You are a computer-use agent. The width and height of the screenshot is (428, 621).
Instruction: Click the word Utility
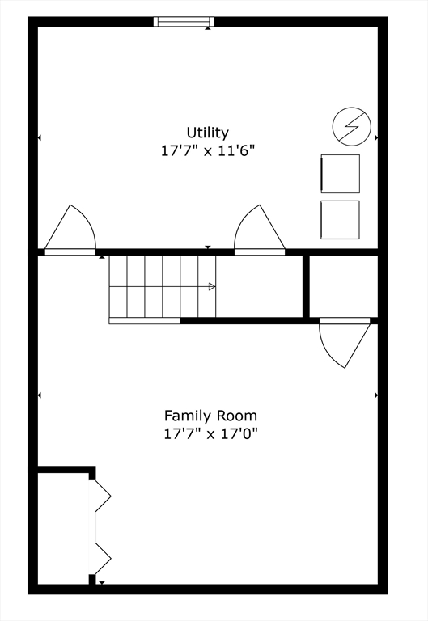click(208, 133)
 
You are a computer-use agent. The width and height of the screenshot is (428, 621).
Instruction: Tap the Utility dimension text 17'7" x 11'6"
click(208, 151)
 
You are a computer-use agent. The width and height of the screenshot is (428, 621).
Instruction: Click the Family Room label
click(210, 416)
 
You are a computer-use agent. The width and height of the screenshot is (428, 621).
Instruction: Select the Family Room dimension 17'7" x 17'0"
click(210, 434)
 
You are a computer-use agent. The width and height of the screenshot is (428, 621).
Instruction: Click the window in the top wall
click(184, 21)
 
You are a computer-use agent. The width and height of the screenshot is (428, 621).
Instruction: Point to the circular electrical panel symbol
click(352, 126)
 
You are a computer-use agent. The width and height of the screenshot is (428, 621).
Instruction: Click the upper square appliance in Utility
click(340, 174)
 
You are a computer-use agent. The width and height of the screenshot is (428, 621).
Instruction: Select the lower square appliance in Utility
click(340, 220)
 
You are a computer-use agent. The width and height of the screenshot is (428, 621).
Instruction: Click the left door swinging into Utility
click(70, 230)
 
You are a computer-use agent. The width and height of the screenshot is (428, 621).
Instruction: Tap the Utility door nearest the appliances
click(260, 230)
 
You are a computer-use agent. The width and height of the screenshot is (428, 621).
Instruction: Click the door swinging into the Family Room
click(345, 343)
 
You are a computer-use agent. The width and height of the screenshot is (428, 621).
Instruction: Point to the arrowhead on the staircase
click(212, 286)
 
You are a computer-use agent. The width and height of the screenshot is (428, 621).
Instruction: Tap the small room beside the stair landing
click(343, 286)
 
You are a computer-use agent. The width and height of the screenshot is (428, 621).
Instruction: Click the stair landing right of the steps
click(259, 286)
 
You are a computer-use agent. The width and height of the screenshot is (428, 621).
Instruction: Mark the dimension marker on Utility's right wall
click(376, 137)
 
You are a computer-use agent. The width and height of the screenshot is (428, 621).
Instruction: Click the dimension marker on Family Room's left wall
click(40, 395)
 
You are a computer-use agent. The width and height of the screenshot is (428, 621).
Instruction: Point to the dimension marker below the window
click(208, 27)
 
